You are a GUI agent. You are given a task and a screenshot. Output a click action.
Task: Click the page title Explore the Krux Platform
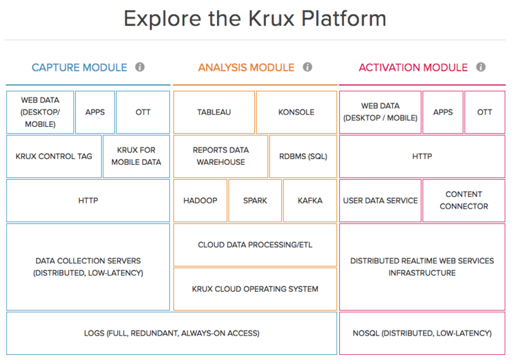coord(255,19)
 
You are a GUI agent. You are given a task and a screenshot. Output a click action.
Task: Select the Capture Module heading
coord(80,67)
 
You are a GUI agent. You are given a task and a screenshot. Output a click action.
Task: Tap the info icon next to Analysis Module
coord(307,67)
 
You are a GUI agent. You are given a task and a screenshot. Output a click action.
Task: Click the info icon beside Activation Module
coord(481,67)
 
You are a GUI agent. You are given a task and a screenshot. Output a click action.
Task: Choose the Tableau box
coord(214,112)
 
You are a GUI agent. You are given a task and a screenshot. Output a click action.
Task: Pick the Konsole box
coord(296,112)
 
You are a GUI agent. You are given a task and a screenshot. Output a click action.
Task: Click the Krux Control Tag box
coord(54,156)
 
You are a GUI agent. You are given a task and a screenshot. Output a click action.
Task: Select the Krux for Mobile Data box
coord(136,156)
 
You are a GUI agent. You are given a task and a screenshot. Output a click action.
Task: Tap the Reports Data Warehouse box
coord(220,156)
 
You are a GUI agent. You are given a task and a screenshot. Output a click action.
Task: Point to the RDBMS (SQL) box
coord(303,156)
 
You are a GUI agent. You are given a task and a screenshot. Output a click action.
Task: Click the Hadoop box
coord(200,200)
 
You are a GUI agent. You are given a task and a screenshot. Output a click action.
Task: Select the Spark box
coord(255,200)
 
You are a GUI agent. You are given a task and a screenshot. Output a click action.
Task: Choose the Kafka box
coord(310,200)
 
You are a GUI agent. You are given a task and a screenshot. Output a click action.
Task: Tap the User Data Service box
coord(380,200)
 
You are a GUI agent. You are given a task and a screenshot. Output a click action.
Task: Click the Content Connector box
coord(464,200)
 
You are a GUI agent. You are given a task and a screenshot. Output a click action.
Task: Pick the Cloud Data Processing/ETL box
coord(255,245)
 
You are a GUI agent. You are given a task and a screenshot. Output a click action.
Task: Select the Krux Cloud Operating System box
coord(255,289)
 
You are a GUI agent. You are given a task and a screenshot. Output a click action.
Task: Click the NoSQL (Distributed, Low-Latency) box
coord(422,333)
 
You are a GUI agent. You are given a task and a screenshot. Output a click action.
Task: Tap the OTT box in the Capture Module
coord(143,112)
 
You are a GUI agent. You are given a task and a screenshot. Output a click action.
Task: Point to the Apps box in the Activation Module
coord(443,112)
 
